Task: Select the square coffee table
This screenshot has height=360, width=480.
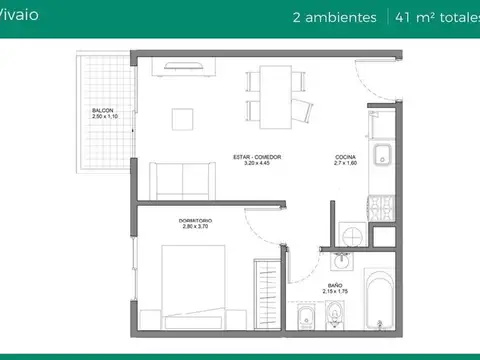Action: pyautogui.click(x=183, y=119)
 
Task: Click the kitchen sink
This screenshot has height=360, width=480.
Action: pyautogui.click(x=381, y=157)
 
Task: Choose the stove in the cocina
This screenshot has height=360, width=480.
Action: pyautogui.click(x=381, y=209)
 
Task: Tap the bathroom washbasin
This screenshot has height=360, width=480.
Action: pyautogui.click(x=343, y=262)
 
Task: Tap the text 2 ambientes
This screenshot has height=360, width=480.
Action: pyautogui.click(x=334, y=17)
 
